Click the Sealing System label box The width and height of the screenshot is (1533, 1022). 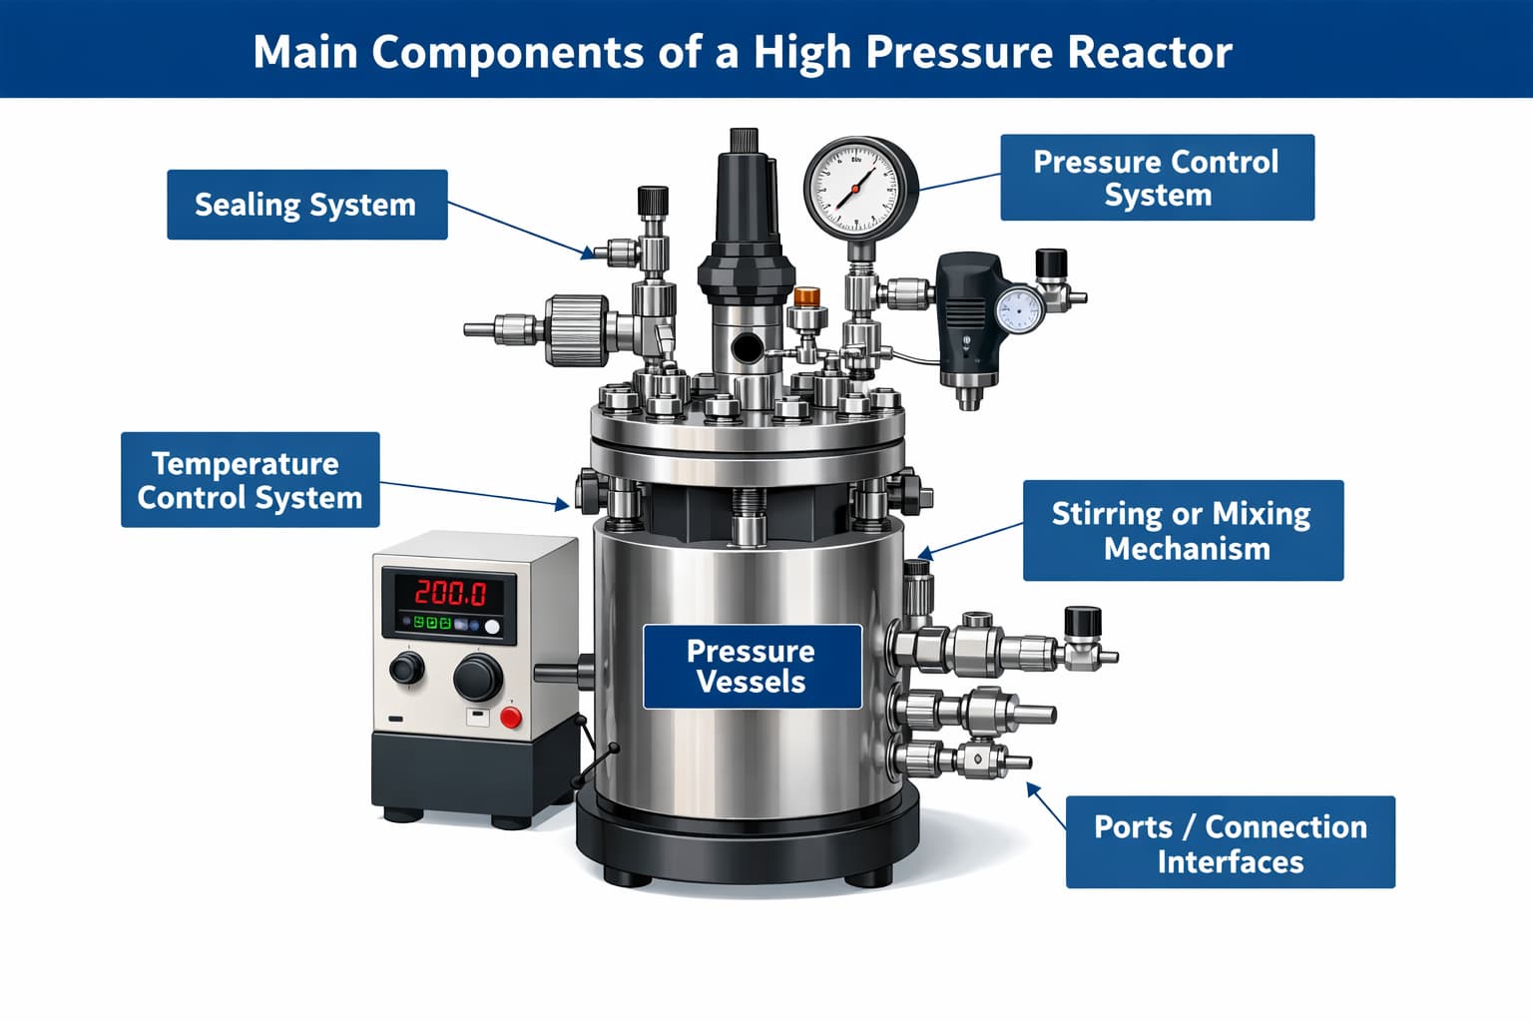point(306,205)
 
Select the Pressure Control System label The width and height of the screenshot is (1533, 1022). point(1157,178)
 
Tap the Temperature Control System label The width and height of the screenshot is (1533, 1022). point(250,480)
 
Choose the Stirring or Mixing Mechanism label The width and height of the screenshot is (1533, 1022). point(1183,530)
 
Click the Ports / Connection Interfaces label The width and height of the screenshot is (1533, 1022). point(1230,842)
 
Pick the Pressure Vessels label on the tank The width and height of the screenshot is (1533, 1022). point(752,666)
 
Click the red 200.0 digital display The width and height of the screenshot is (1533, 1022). point(450,593)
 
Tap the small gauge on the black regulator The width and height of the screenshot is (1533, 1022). point(1018,309)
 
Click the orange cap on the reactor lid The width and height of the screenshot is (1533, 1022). point(806,296)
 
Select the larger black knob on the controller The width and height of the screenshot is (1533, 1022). point(477,678)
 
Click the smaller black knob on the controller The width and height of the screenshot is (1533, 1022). point(406,667)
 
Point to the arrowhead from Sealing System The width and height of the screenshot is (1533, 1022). point(589,254)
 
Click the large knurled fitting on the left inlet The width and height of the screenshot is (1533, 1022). point(576,329)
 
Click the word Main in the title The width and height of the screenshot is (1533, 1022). point(304,52)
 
